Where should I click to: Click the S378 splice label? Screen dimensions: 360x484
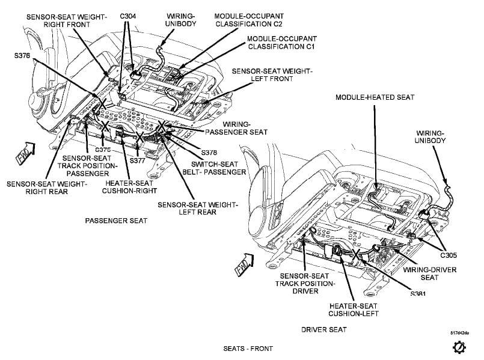pos(210,153)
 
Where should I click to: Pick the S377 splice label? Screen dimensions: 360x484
pos(138,161)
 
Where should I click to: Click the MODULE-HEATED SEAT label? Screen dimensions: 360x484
pos(375,97)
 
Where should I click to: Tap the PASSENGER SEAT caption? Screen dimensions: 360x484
pos(116,221)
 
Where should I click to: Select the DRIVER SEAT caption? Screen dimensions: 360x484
pos(324,329)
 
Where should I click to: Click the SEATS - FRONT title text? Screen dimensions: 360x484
pos(248,349)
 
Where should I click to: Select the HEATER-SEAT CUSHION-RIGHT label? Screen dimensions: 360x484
pos(130,187)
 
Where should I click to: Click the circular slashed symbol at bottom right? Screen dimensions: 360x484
pos(458,347)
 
